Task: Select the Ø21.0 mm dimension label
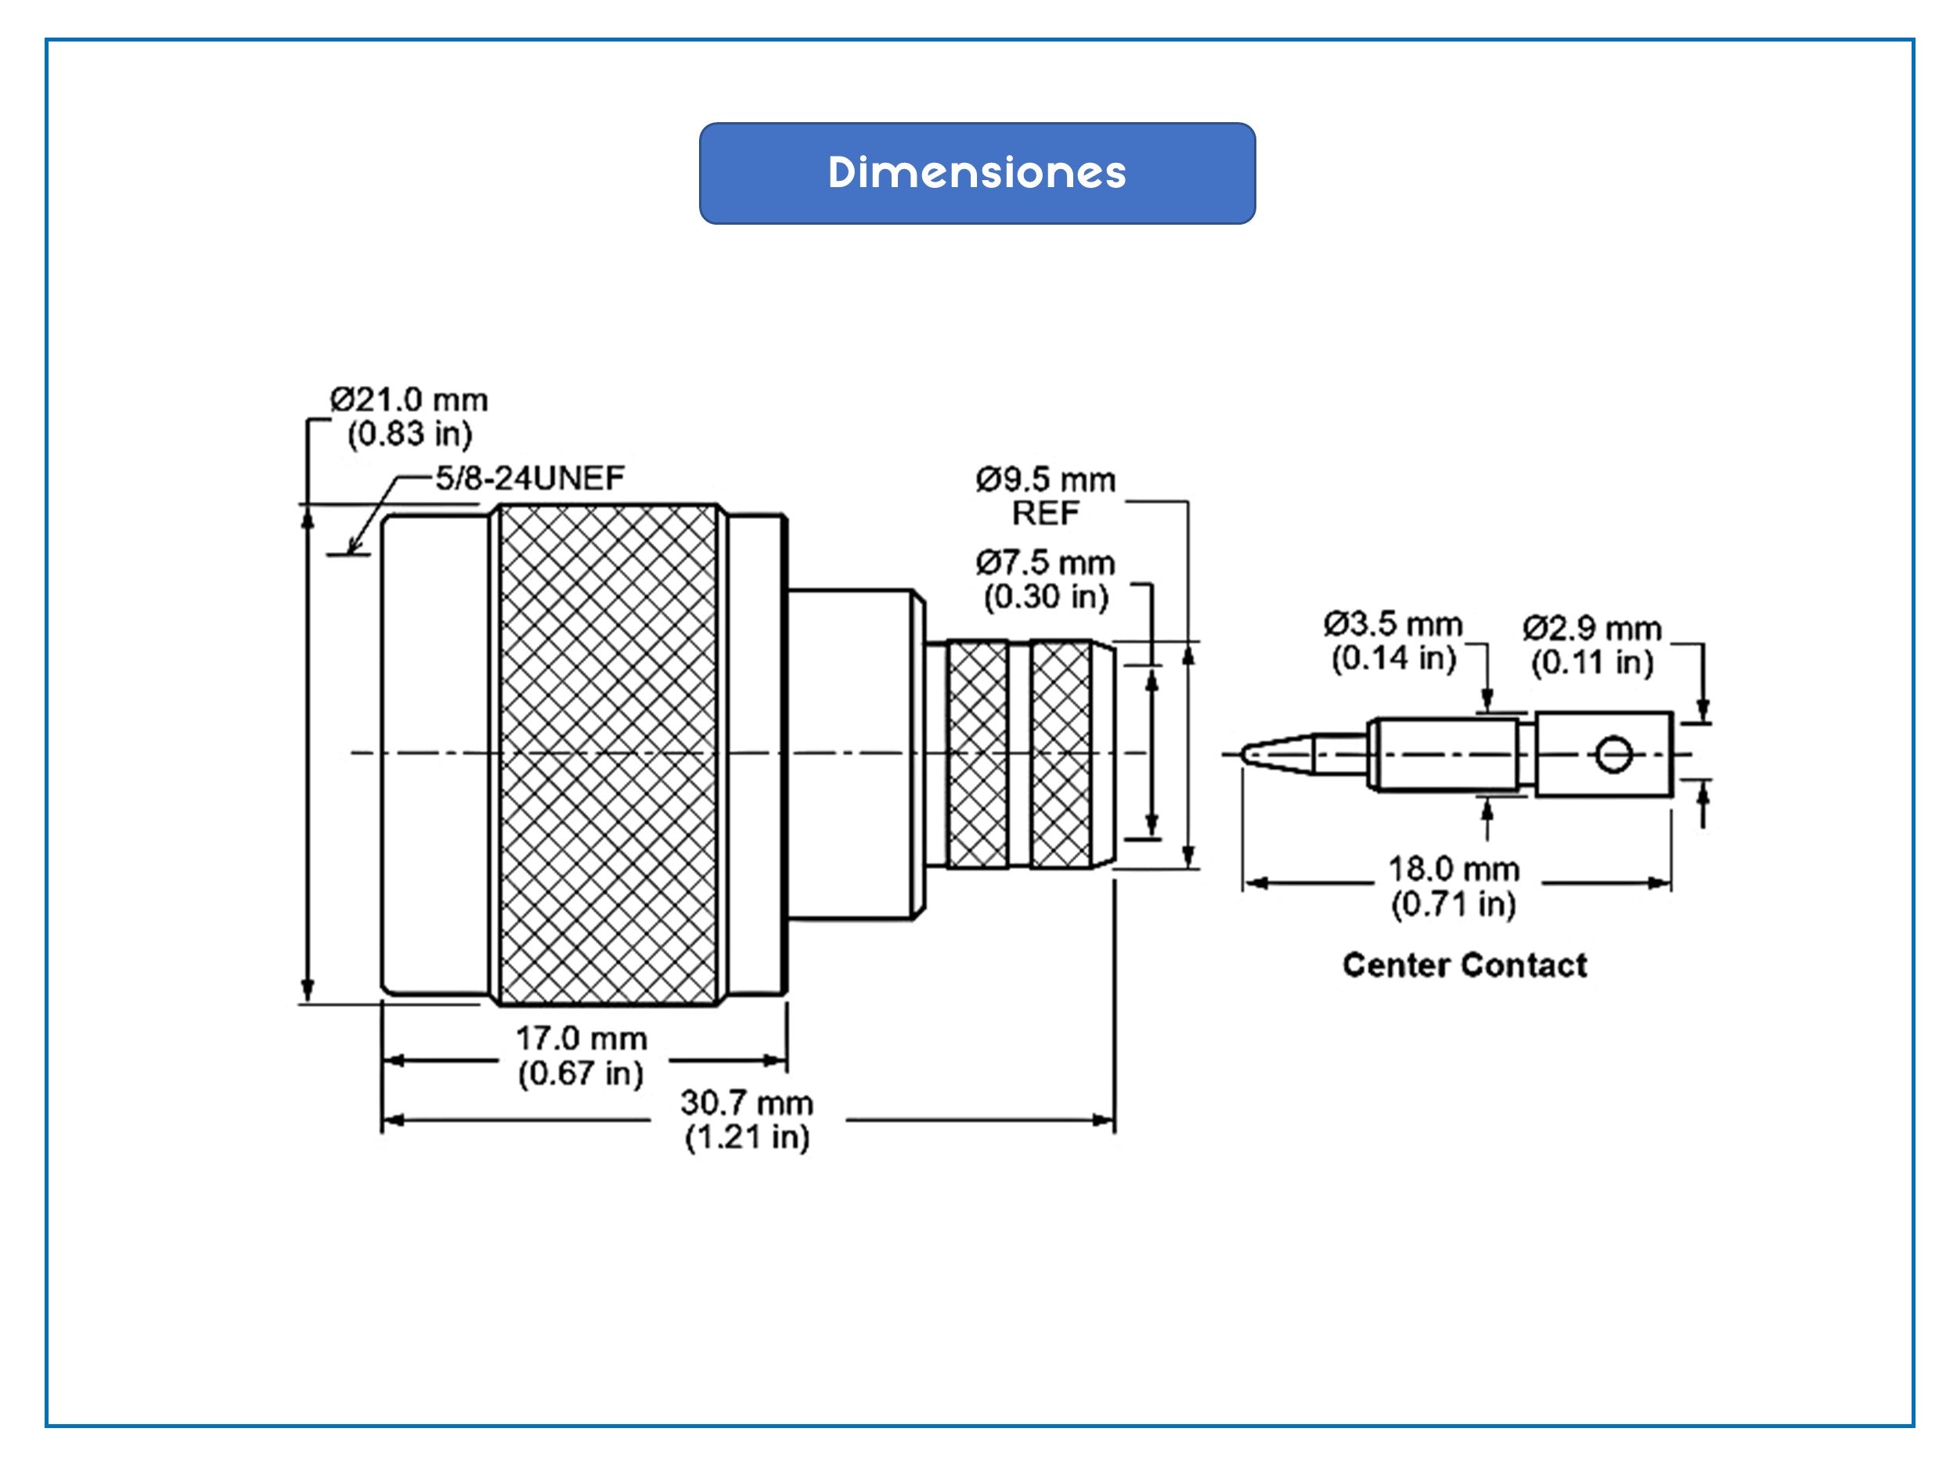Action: tap(409, 400)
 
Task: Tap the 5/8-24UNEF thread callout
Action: tap(529, 478)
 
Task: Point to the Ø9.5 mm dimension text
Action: tap(1045, 480)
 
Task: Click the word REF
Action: tap(1045, 514)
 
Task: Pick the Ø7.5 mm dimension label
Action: tap(1045, 563)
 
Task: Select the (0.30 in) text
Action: tap(1046, 597)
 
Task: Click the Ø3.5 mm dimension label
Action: tap(1393, 624)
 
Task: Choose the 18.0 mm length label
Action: tap(1453, 869)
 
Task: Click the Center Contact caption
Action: tap(1464, 965)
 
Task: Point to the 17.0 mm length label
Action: tap(582, 1038)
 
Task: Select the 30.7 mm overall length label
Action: tap(747, 1102)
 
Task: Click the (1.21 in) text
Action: tap(747, 1137)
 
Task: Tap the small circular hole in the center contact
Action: tap(1612, 755)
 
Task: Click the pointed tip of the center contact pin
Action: tap(1246, 754)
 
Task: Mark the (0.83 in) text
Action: tap(409, 435)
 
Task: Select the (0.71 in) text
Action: tap(1453, 904)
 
